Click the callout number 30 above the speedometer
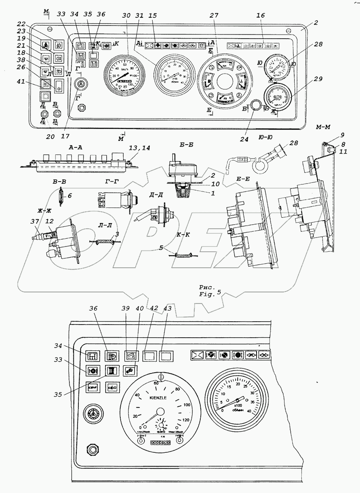point(126,15)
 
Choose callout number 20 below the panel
point(50,137)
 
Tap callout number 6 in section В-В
point(70,196)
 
